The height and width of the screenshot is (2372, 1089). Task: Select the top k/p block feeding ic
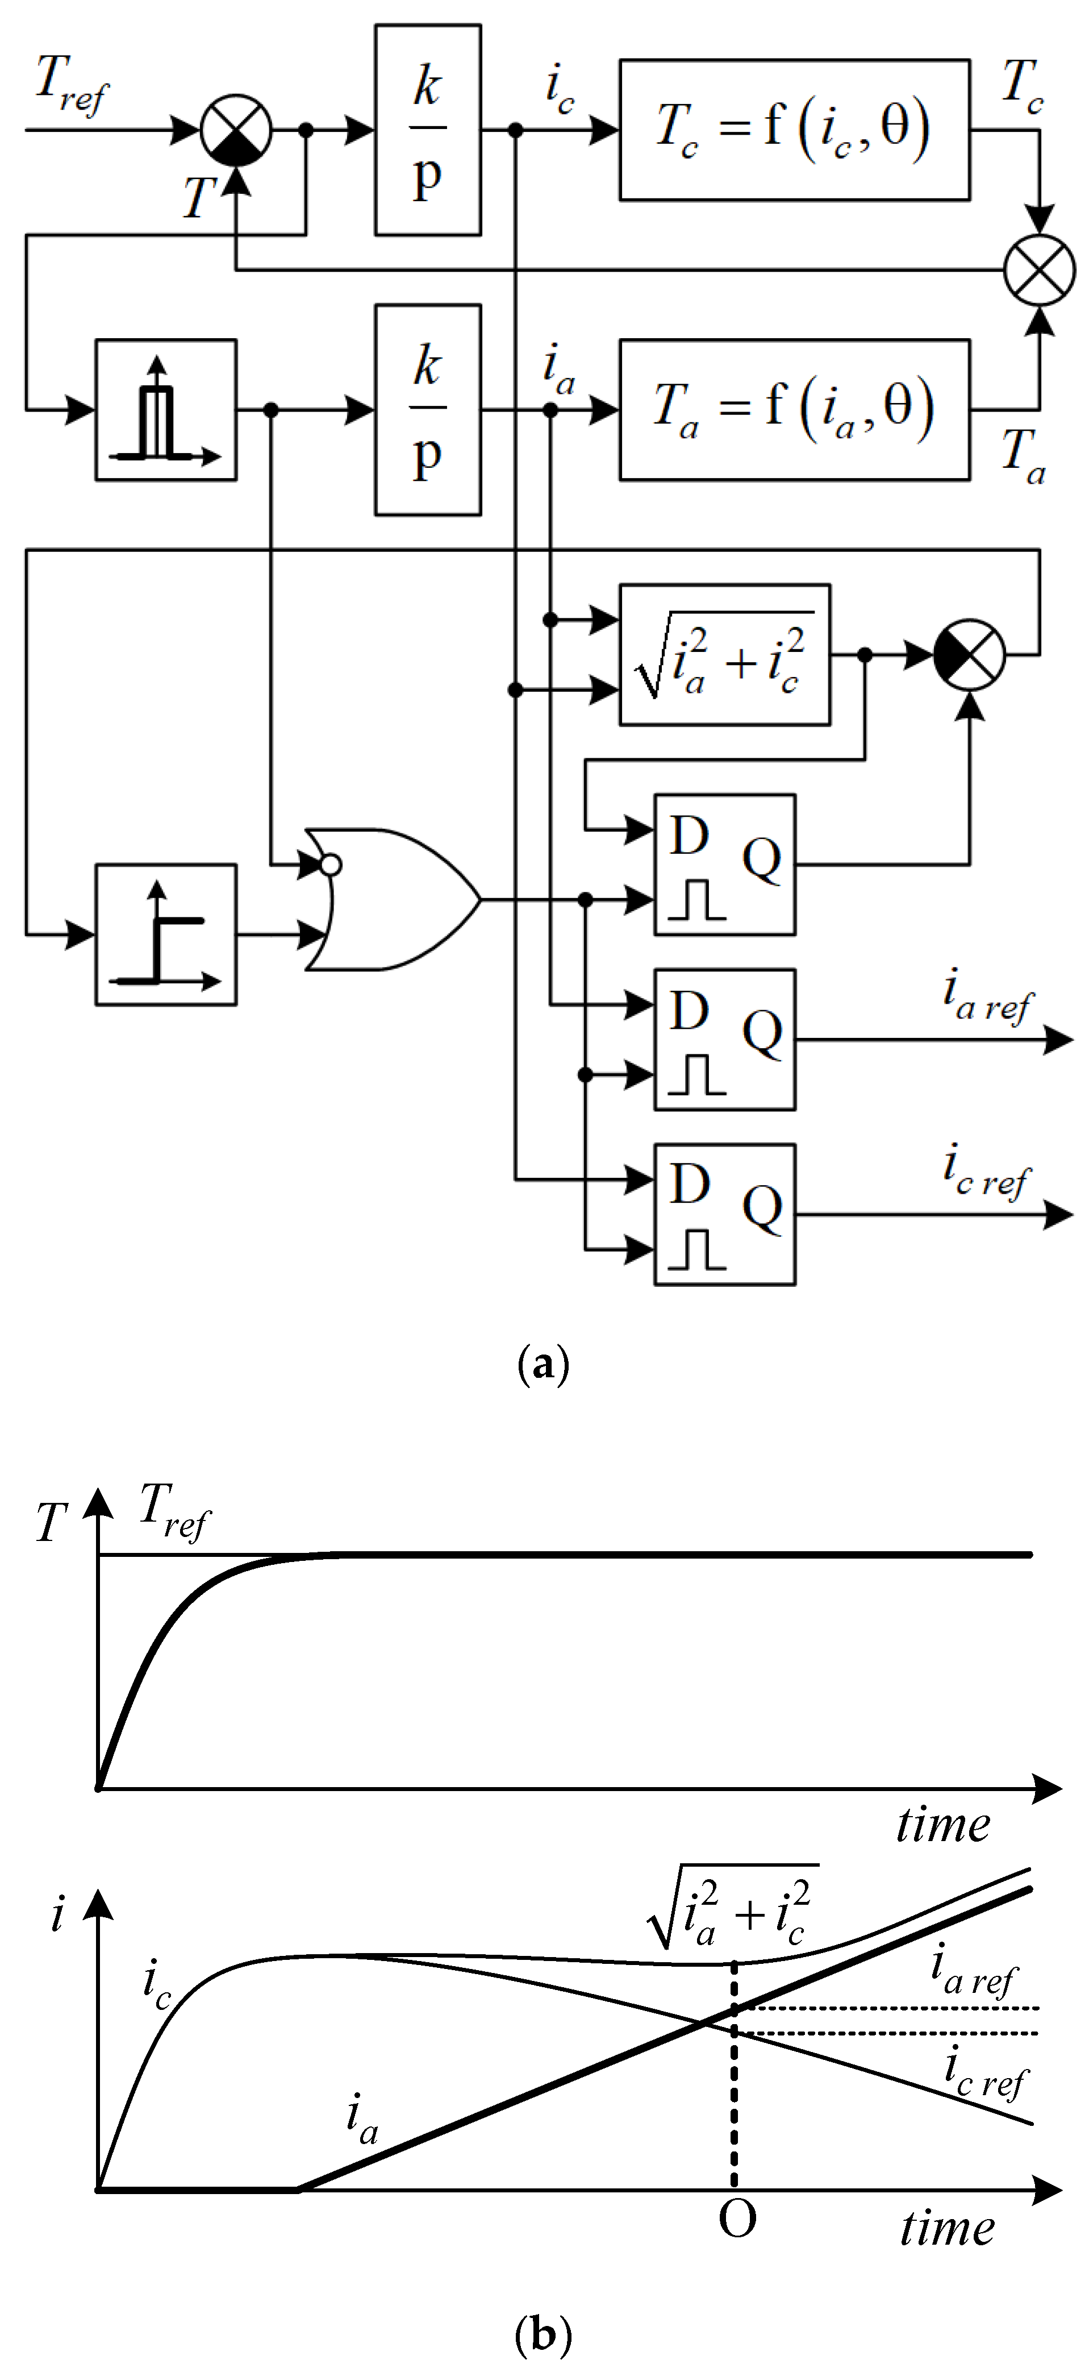427,130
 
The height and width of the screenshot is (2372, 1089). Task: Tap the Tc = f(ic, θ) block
794,130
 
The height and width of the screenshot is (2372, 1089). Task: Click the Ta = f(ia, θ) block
794,410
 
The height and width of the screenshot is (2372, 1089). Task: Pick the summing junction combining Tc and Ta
1039,270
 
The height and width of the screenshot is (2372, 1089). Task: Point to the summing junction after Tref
236,130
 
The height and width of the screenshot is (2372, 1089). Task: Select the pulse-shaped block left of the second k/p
166,410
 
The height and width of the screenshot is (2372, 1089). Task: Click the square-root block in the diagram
724,655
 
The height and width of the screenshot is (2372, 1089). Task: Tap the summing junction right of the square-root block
969,655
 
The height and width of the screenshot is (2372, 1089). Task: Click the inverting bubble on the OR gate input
331,865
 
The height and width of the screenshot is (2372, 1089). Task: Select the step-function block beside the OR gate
166,934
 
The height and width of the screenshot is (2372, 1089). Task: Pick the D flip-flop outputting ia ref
724,1040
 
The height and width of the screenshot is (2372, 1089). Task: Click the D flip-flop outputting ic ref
724,1215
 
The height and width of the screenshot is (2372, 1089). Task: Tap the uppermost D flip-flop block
724,865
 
